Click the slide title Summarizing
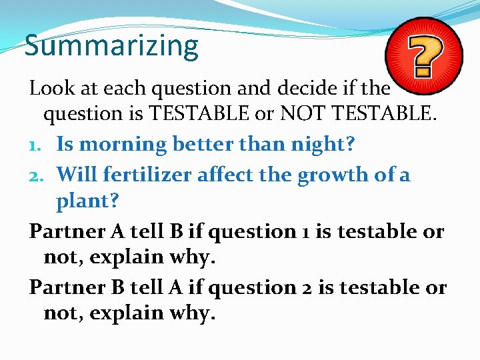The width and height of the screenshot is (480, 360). (x=111, y=46)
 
